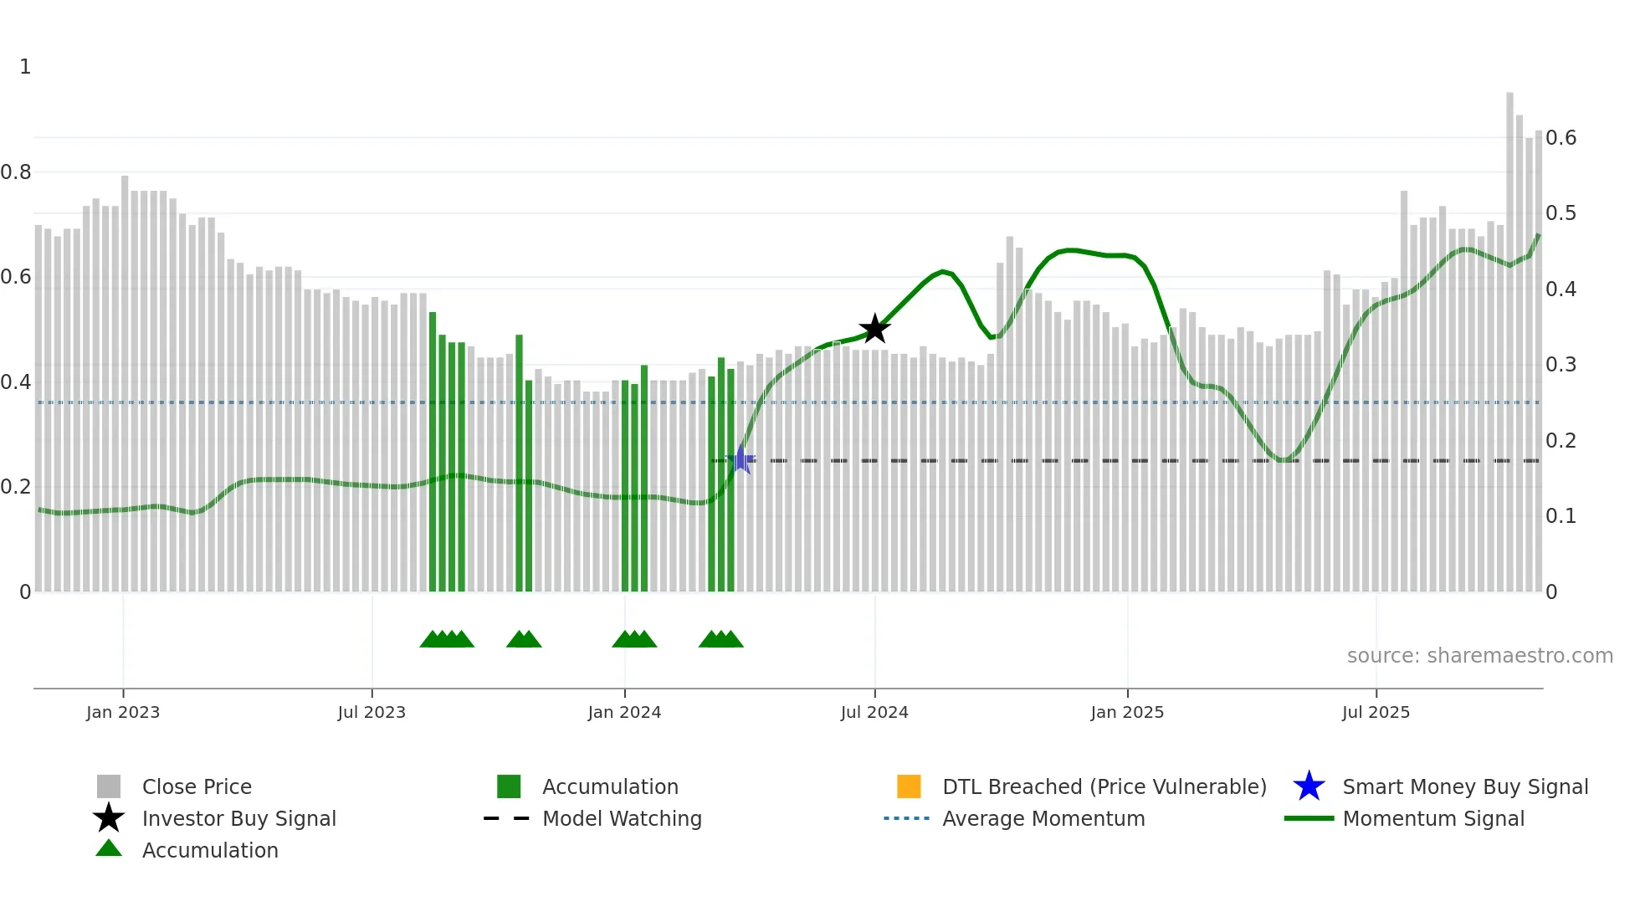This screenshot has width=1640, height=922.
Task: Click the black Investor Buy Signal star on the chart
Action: pyautogui.click(x=874, y=329)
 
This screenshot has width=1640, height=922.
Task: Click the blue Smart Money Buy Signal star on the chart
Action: pyautogui.click(x=741, y=459)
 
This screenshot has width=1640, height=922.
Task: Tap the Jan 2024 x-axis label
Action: pyautogui.click(x=624, y=712)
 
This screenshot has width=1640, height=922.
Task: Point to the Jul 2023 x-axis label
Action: pyautogui.click(x=372, y=712)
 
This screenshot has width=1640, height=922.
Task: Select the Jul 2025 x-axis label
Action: pyautogui.click(x=1376, y=712)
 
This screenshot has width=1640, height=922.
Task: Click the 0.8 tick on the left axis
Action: pyautogui.click(x=17, y=172)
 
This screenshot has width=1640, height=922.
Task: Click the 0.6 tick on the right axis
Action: pyautogui.click(x=1561, y=138)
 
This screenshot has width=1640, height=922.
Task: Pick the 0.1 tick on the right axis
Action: pyautogui.click(x=1561, y=516)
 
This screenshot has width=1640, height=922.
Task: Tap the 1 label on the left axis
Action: pyautogui.click(x=25, y=67)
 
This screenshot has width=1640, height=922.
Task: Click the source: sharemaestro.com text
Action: pyautogui.click(x=1479, y=656)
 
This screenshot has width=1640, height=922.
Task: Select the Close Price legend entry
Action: pyautogui.click(x=197, y=786)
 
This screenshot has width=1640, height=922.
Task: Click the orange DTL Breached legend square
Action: pyautogui.click(x=909, y=786)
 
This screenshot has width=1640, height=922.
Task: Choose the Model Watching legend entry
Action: pyautogui.click(x=622, y=818)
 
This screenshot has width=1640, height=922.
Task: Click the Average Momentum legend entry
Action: pyautogui.click(x=1043, y=818)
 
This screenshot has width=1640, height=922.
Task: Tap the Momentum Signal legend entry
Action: pyautogui.click(x=1432, y=818)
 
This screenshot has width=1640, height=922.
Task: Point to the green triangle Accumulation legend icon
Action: pyautogui.click(x=109, y=848)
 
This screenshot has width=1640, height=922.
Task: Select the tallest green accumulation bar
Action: pyautogui.click(x=433, y=452)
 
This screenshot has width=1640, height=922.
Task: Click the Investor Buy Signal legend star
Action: pyautogui.click(x=109, y=818)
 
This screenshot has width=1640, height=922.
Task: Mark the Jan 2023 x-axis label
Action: pyautogui.click(x=123, y=712)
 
